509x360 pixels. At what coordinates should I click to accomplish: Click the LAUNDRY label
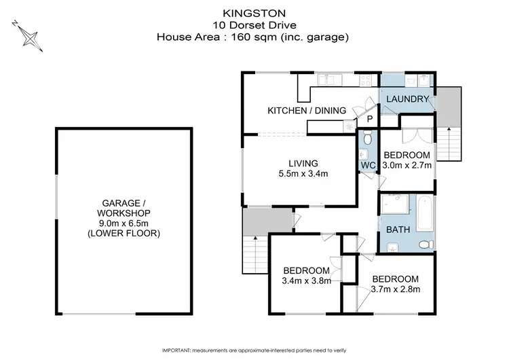point(407,100)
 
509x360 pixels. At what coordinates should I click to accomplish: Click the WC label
point(367,165)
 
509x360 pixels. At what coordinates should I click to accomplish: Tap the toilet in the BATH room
point(424,245)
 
